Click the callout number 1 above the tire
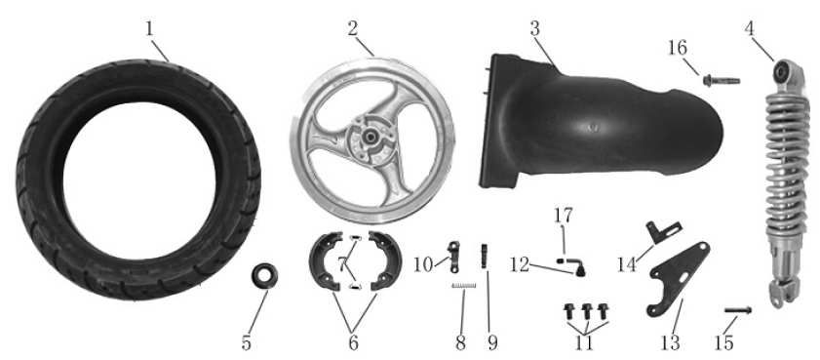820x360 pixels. [x=150, y=29]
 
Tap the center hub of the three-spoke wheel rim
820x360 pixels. [x=371, y=139]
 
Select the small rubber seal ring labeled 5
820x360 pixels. [x=264, y=276]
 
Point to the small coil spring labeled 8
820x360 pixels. [x=464, y=285]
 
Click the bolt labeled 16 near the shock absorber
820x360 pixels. [x=722, y=81]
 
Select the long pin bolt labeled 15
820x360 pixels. [x=738, y=310]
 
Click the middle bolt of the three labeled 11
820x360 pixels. [x=587, y=311]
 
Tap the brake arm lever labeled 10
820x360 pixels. [x=453, y=257]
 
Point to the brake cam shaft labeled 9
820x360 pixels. [x=484, y=256]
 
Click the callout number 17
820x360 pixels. [x=564, y=215]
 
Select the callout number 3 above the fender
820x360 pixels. [x=534, y=29]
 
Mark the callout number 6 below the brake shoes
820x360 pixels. [x=353, y=343]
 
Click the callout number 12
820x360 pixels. [x=521, y=264]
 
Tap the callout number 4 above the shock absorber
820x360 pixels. [x=750, y=28]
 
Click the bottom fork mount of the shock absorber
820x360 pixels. [x=784, y=293]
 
